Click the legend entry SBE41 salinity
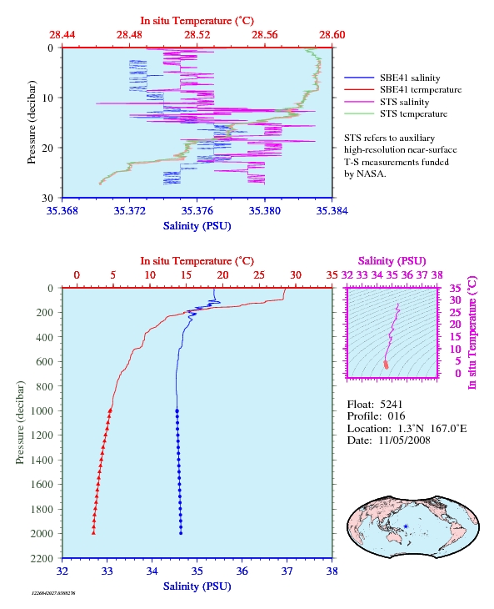tap(410, 78)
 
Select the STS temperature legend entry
tap(413, 113)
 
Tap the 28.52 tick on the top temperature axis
tap(197, 35)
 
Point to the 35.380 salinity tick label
tap(264, 211)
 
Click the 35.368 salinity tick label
tap(62, 211)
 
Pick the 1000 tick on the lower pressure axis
tap(42, 410)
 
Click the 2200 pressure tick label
tap(42, 558)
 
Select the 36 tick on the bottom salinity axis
tap(242, 571)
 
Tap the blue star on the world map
tap(406, 526)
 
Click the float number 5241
tap(392, 405)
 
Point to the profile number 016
tap(397, 416)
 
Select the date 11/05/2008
tap(404, 440)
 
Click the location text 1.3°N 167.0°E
tap(432, 429)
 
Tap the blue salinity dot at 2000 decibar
tap(181, 533)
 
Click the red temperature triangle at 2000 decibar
tap(93, 533)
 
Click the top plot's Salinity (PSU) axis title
tap(197, 226)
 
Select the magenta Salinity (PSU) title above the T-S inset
tap(392, 260)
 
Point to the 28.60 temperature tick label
tap(332, 35)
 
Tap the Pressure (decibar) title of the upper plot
tap(32, 123)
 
